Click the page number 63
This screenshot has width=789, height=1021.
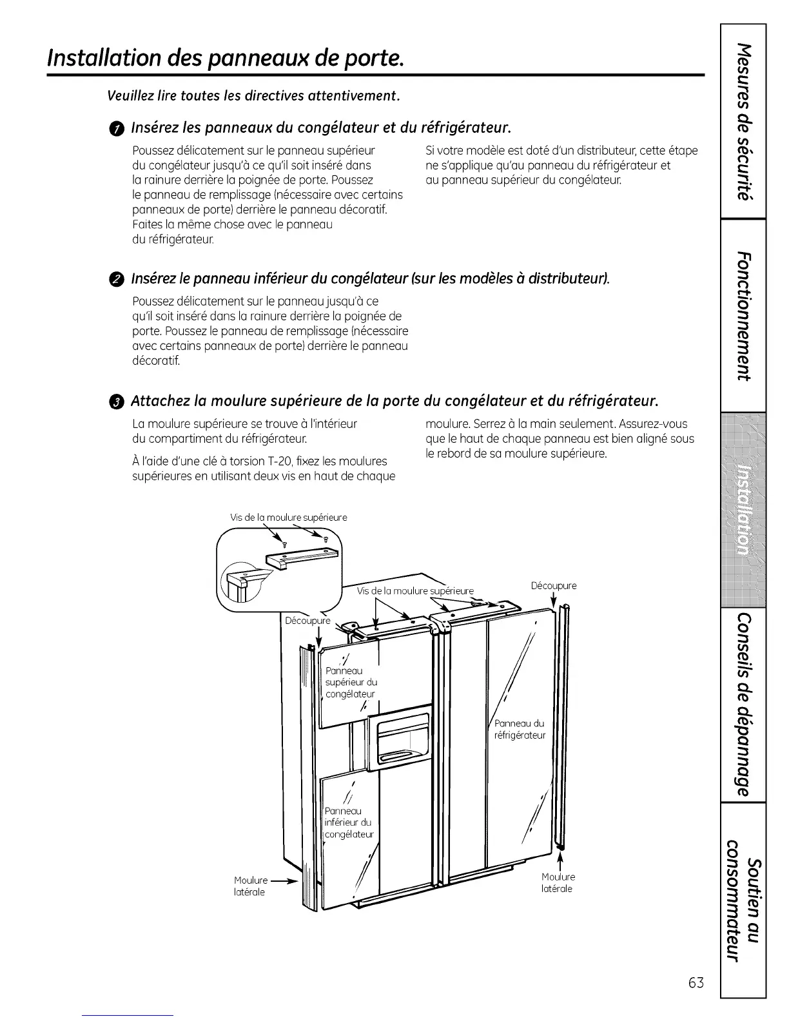[696, 983]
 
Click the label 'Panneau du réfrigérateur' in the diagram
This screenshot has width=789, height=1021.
[520, 729]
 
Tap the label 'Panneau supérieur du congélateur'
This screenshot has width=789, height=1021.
[351, 683]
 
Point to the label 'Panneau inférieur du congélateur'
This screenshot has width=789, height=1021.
[349, 822]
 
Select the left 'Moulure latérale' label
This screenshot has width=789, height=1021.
[250, 886]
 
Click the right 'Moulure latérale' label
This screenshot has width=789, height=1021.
[558, 882]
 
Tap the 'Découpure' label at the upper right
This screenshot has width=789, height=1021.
[554, 586]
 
